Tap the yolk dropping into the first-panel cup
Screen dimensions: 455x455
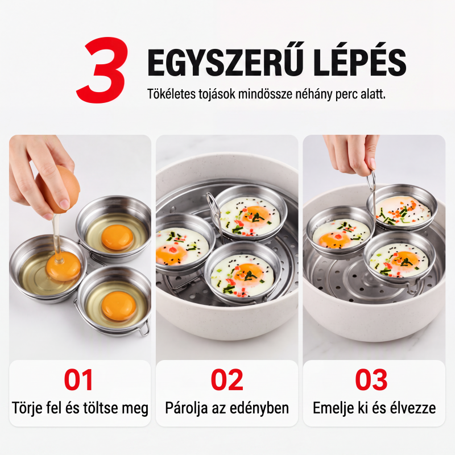tap(63, 266)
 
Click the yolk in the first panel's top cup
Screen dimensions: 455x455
tap(118, 237)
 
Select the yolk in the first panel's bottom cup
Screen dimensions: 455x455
tap(119, 306)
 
